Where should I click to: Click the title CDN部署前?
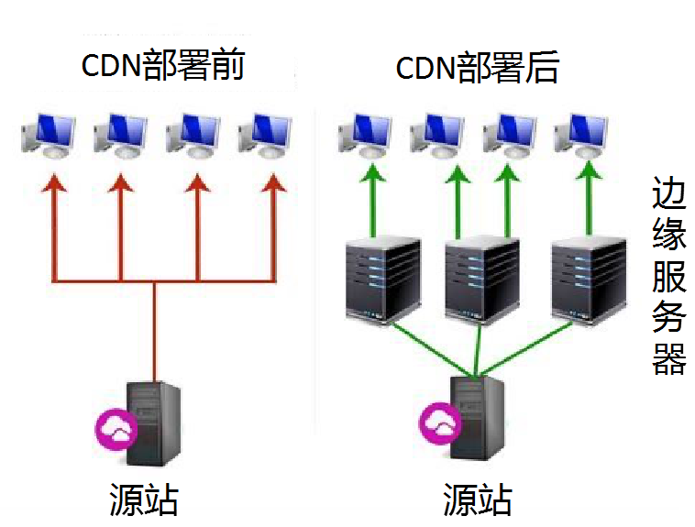click(x=163, y=66)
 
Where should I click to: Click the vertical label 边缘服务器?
click(x=666, y=275)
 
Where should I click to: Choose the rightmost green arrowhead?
click(x=587, y=172)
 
